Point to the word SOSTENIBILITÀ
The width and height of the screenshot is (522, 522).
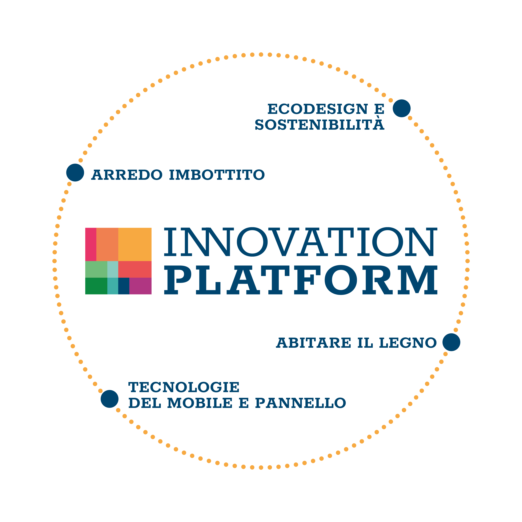tap(319, 124)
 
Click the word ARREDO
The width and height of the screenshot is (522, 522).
tap(127, 175)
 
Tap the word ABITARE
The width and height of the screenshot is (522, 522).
tap(314, 343)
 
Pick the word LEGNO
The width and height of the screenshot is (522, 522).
tap(408, 343)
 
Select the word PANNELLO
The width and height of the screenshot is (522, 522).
tap(300, 403)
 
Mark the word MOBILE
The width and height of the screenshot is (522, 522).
tap(200, 403)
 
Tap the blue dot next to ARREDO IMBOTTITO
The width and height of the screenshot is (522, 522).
tap(75, 172)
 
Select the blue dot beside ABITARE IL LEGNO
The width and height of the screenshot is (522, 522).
tap(451, 342)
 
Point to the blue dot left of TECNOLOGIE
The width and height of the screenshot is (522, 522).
tap(109, 399)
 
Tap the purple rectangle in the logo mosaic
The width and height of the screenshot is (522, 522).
tap(140, 286)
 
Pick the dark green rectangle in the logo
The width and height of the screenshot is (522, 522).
tap(96, 286)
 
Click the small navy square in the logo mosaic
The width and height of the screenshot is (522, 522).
tap(124, 286)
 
